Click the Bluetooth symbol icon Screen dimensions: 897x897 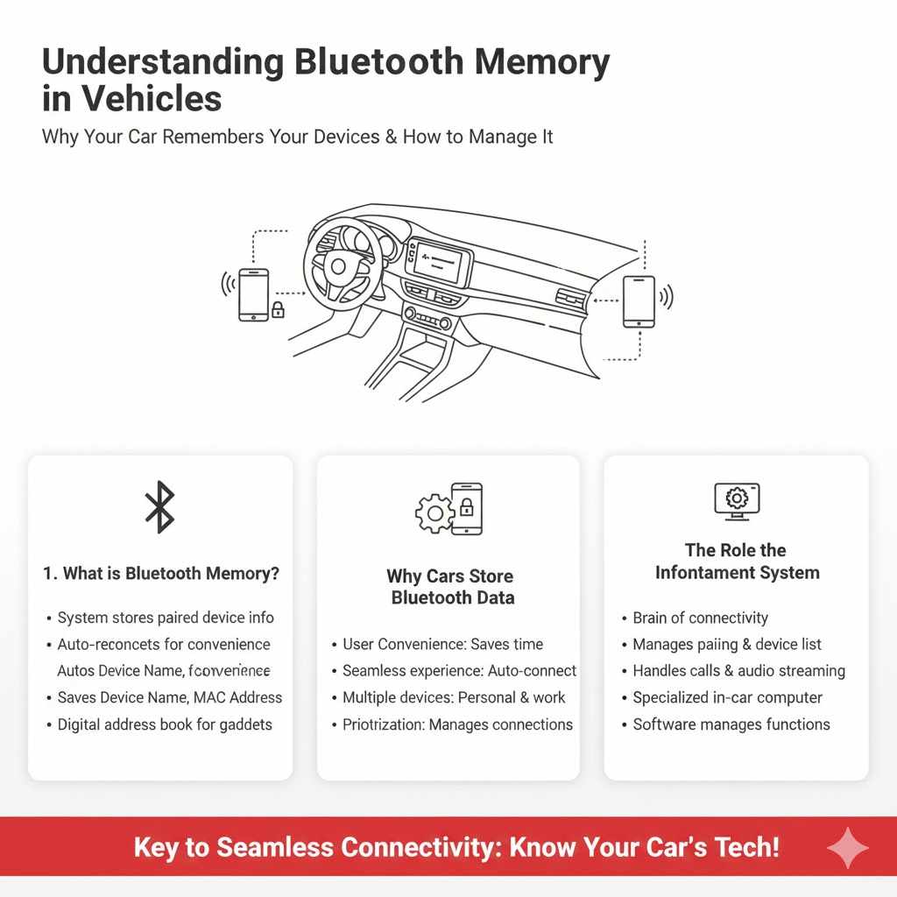[159, 507]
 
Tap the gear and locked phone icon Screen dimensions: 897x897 [448, 509]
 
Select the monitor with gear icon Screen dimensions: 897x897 [737, 500]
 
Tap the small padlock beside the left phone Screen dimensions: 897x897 [278, 309]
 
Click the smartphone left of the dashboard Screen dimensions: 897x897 [253, 294]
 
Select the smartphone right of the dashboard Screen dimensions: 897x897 [638, 301]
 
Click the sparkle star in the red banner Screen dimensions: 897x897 [847, 848]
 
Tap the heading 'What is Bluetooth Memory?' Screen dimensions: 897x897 [161, 574]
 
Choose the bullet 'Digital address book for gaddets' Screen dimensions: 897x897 [165, 724]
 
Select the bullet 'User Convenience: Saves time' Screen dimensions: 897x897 [442, 644]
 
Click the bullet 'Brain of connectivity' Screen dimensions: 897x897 [700, 618]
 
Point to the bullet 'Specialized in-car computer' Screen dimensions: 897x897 [727, 697]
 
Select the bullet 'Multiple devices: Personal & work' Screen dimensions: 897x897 [454, 697]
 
